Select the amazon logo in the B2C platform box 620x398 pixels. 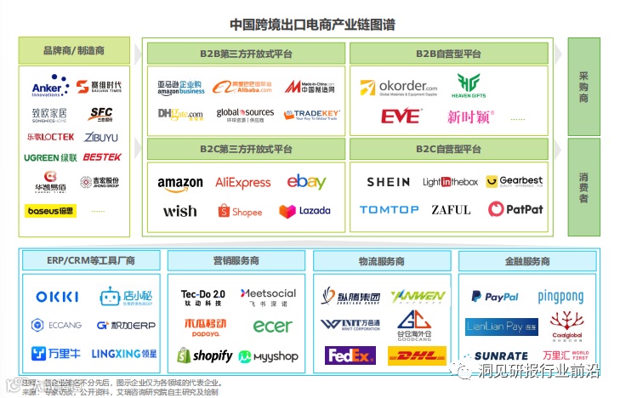pyautogui.click(x=180, y=182)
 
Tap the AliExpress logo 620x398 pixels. pyautogui.click(x=242, y=182)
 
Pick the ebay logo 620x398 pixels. pyautogui.click(x=306, y=181)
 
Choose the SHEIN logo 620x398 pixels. pyautogui.click(x=388, y=182)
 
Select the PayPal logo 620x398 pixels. pyautogui.click(x=494, y=297)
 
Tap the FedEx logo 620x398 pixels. pyautogui.click(x=350, y=355)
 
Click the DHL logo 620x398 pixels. pyautogui.click(x=417, y=355)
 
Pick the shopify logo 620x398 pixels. pyautogui.click(x=204, y=355)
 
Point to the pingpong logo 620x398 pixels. pyautogui.click(x=560, y=297)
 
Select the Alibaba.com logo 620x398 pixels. pyautogui.click(x=242, y=88)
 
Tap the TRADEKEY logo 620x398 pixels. pyautogui.click(x=312, y=114)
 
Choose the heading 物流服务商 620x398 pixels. pyautogui.click(x=382, y=261)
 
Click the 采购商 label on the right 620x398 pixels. pyautogui.click(x=583, y=88)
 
